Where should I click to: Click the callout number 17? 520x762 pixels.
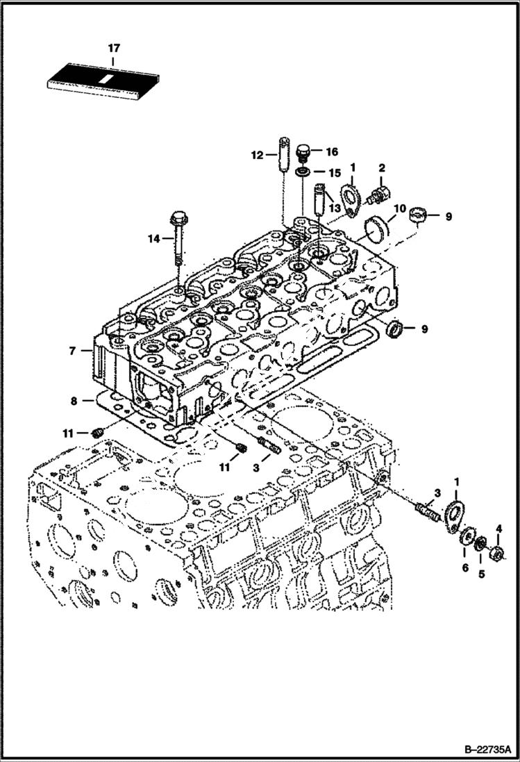pos(114,48)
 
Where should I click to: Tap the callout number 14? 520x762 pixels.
pos(153,239)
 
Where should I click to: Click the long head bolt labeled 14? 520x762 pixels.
pos(178,237)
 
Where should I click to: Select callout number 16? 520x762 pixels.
pos(330,151)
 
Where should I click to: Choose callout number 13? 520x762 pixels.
pos(335,208)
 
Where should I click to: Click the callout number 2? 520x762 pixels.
pos(381,168)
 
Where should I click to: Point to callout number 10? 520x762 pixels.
pos(400,208)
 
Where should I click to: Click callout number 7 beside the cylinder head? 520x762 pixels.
pos(72,351)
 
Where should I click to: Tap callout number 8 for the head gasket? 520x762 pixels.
pos(72,400)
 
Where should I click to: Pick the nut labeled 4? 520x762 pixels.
pos(498,555)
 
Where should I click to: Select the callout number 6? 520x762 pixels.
pos(464,568)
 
